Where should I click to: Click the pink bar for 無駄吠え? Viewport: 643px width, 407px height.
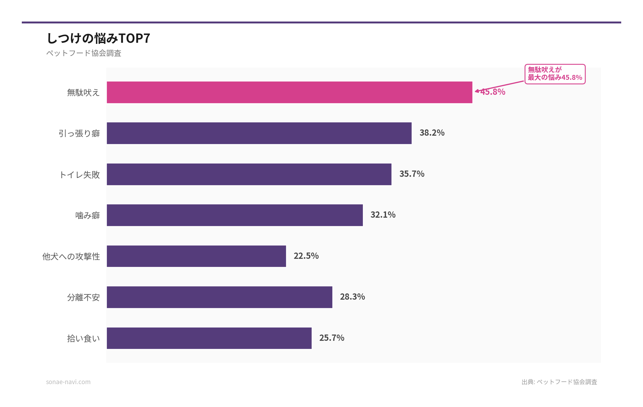(x=289, y=92)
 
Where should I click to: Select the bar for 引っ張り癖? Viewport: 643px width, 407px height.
(x=259, y=133)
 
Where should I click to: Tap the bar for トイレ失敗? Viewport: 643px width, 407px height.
(x=249, y=174)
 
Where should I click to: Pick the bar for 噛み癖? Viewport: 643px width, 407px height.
(x=235, y=215)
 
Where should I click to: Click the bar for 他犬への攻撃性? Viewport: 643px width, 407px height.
(x=196, y=256)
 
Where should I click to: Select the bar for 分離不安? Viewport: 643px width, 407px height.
(x=219, y=297)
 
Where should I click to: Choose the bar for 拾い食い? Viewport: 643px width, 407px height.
(x=209, y=338)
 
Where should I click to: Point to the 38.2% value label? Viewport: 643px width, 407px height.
(x=432, y=133)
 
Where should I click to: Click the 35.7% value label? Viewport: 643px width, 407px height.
(x=412, y=174)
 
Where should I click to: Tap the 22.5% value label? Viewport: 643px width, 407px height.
(x=306, y=256)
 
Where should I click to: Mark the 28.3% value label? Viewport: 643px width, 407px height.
(x=352, y=297)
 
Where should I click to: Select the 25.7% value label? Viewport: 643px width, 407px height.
(x=332, y=338)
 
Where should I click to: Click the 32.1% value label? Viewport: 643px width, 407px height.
(x=383, y=215)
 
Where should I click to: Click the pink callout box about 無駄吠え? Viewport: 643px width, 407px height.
(x=555, y=74)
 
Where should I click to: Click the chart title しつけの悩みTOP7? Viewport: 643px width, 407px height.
(x=98, y=38)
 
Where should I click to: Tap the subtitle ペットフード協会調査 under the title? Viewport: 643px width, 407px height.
(x=84, y=53)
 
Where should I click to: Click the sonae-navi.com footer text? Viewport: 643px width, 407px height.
(x=68, y=382)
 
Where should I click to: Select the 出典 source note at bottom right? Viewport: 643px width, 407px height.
(x=559, y=382)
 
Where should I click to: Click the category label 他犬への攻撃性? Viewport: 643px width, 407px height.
(x=71, y=256)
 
